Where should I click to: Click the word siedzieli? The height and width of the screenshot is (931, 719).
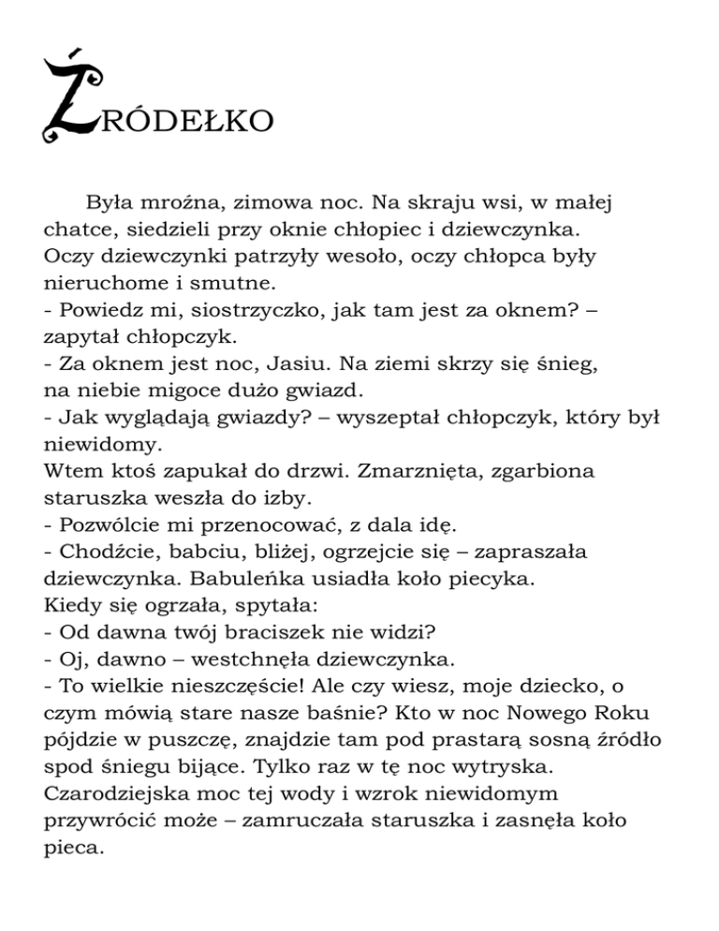click(168, 229)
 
